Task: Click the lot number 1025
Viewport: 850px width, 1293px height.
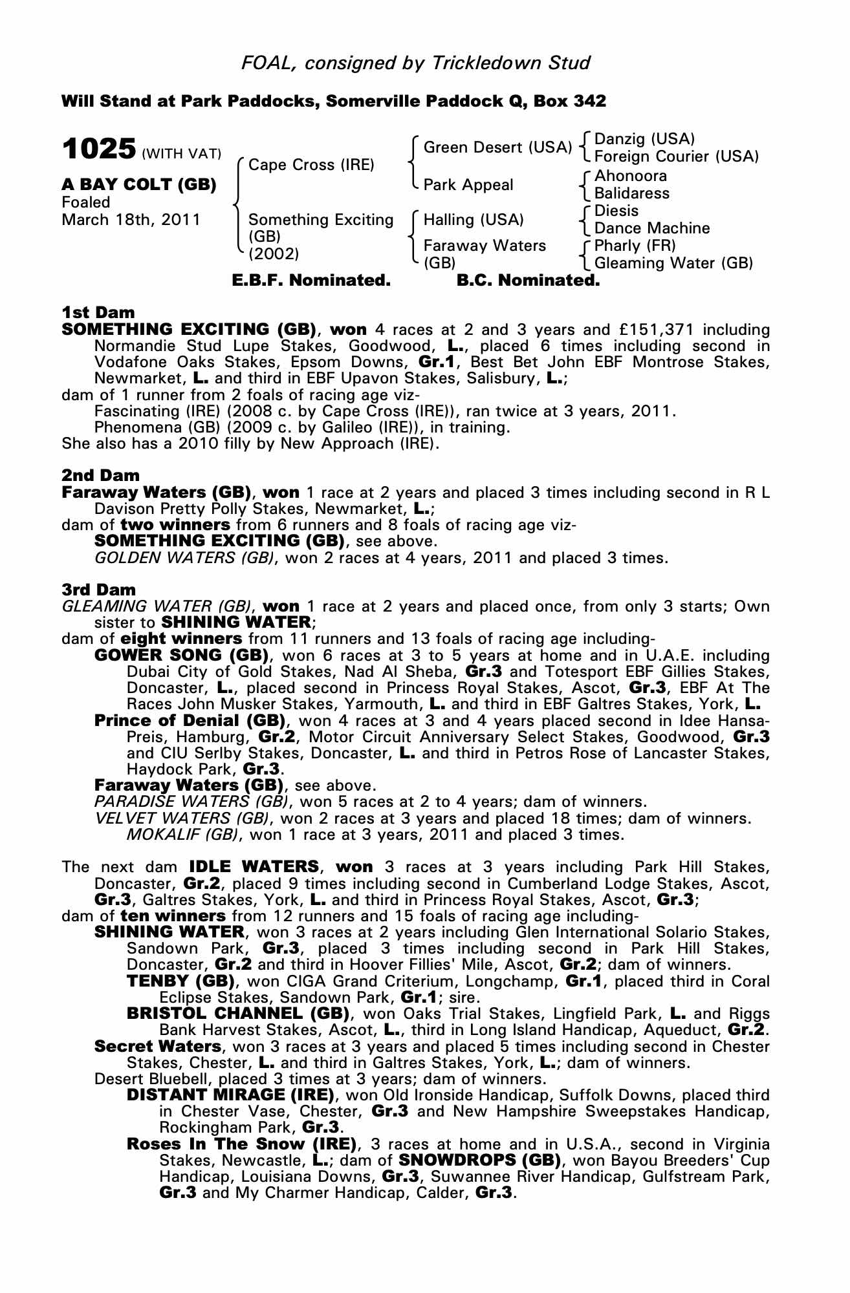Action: click(99, 149)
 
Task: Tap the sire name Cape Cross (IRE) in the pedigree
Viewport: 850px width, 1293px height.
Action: click(311, 165)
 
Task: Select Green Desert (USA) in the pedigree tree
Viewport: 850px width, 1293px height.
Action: click(497, 147)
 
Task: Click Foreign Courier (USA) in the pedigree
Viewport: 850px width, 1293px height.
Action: click(676, 156)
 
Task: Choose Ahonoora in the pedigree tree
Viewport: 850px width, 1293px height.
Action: click(630, 176)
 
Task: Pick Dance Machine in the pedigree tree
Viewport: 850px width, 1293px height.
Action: click(651, 228)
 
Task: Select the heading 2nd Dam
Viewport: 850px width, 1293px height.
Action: click(100, 476)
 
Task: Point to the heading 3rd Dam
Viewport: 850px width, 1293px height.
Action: click(99, 590)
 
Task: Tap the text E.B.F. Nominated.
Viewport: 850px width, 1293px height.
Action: click(311, 281)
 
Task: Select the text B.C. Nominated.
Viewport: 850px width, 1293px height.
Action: click(528, 281)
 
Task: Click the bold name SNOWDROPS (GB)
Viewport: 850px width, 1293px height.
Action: click(479, 1160)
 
